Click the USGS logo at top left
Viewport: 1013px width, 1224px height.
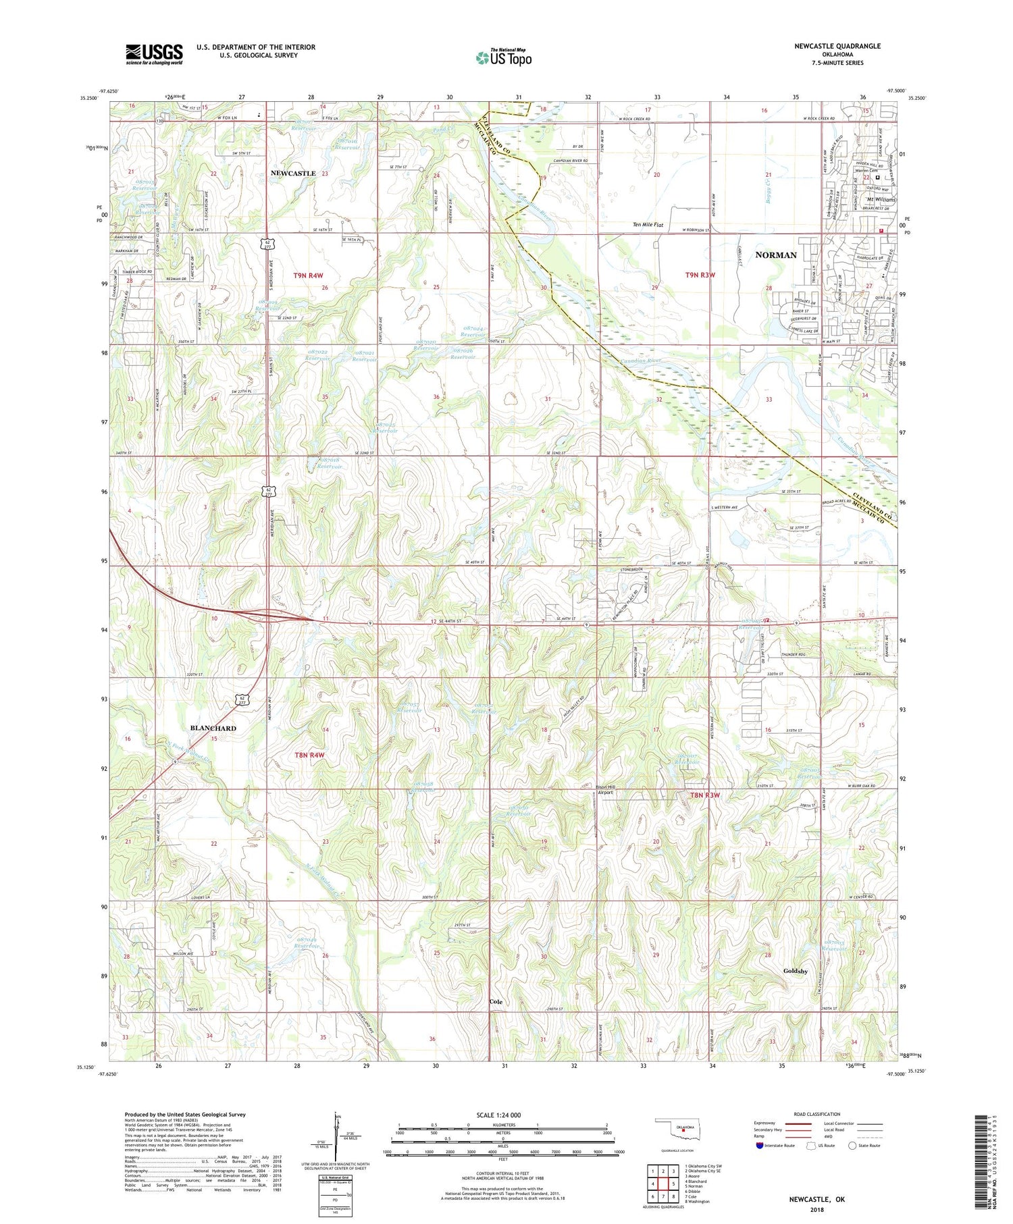[x=154, y=54]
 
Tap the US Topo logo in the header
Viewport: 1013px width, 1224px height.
[x=503, y=58]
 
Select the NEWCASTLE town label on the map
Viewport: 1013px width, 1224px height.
[x=293, y=174]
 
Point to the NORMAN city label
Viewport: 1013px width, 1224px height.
[x=775, y=255]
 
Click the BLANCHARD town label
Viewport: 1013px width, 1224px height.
[x=213, y=728]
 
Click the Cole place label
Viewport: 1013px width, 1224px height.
[x=496, y=1002]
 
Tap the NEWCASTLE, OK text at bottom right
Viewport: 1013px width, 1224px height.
[x=816, y=1200]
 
